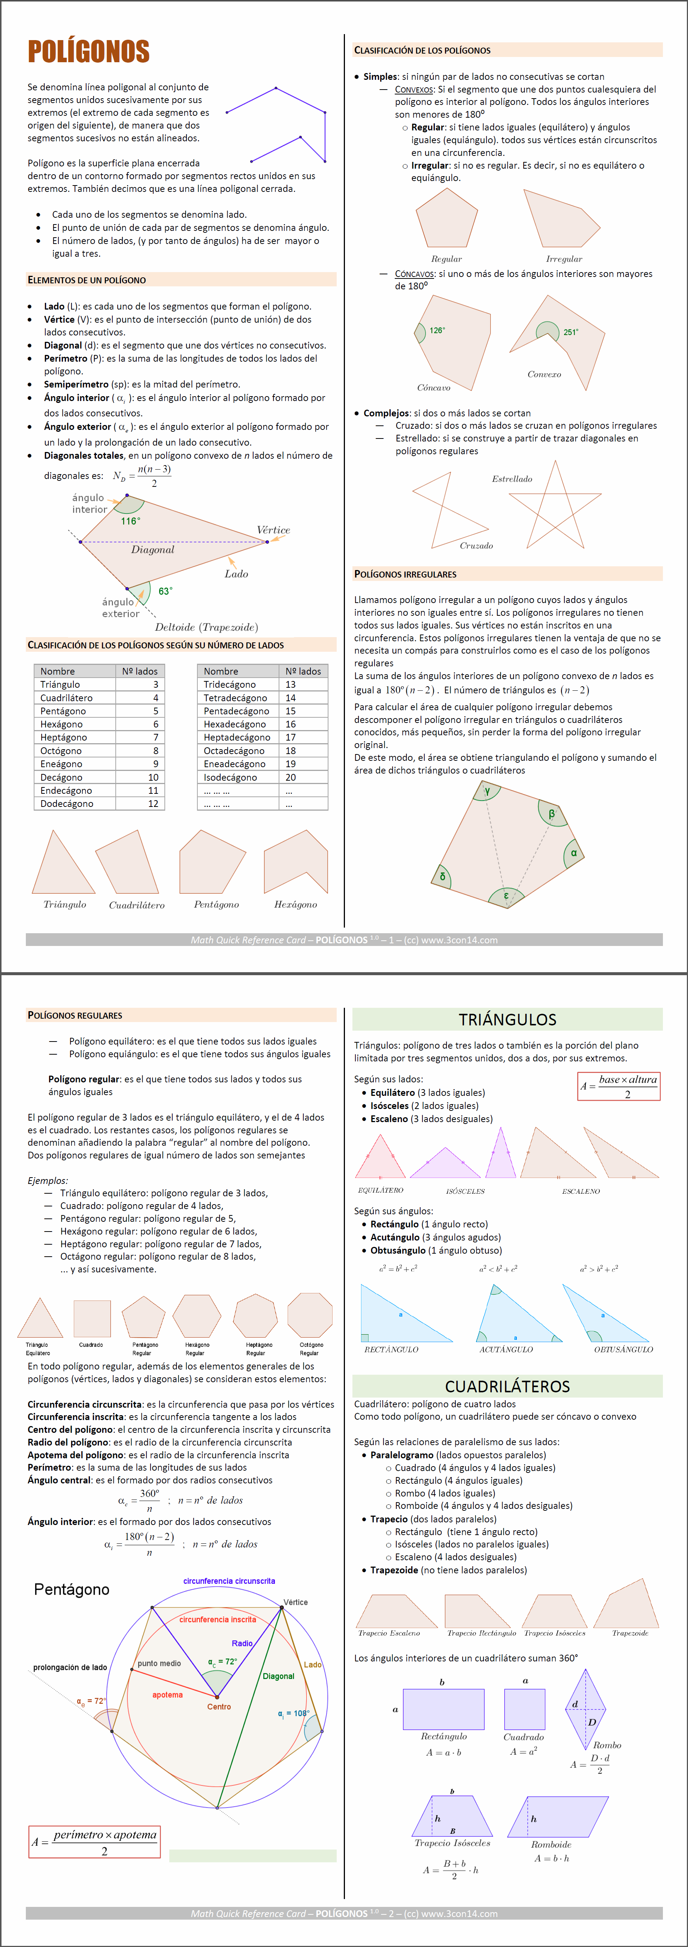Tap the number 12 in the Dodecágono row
point(153,804)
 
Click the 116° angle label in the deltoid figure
point(131,521)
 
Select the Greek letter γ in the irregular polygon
point(487,790)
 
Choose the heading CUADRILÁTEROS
point(507,1386)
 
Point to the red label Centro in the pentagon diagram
point(219,1707)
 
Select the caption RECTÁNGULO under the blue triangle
point(391,1349)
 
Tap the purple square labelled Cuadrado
point(524,1709)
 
